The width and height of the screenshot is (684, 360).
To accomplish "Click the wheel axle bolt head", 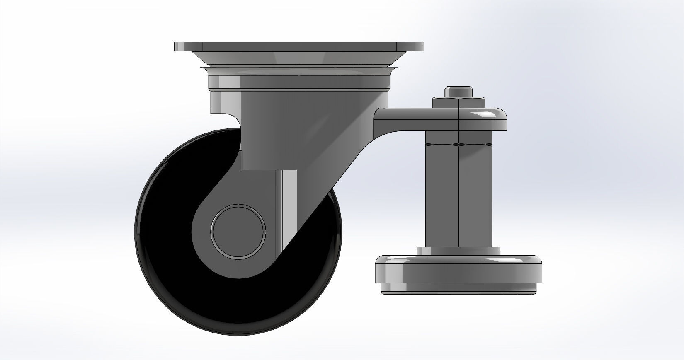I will coord(238,231).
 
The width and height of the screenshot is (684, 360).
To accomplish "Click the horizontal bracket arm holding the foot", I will coord(415,118).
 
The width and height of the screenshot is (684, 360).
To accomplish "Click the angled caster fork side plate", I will coord(315,157).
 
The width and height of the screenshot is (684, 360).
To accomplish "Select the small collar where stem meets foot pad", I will coord(458,251).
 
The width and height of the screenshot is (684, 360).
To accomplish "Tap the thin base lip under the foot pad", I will coord(458,290).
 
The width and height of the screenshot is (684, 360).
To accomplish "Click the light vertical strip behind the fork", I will coord(287,207).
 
